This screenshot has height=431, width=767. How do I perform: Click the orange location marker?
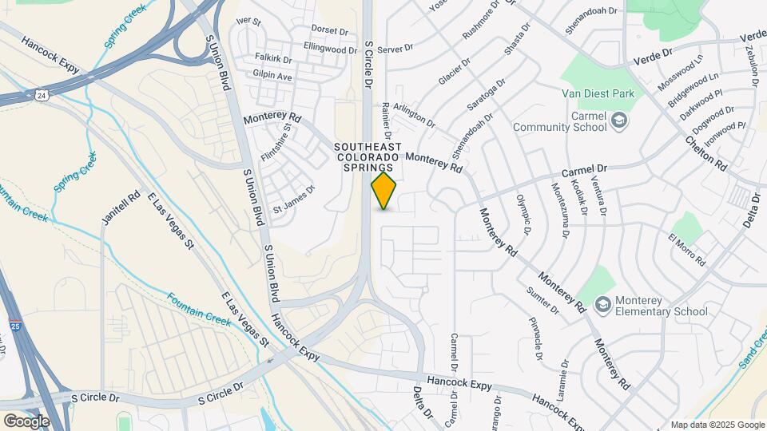pos(384,191)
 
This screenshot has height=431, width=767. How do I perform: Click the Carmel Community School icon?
pos(618,121)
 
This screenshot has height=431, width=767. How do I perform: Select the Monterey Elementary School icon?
pos(602,305)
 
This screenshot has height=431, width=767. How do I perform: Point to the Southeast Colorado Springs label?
pos(364,157)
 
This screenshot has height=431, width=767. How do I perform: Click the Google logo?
pos(26,421)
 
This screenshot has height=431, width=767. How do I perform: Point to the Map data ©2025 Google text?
pos(717,425)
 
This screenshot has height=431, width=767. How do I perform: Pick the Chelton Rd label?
pos(705,152)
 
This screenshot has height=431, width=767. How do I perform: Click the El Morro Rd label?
pos(688,250)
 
